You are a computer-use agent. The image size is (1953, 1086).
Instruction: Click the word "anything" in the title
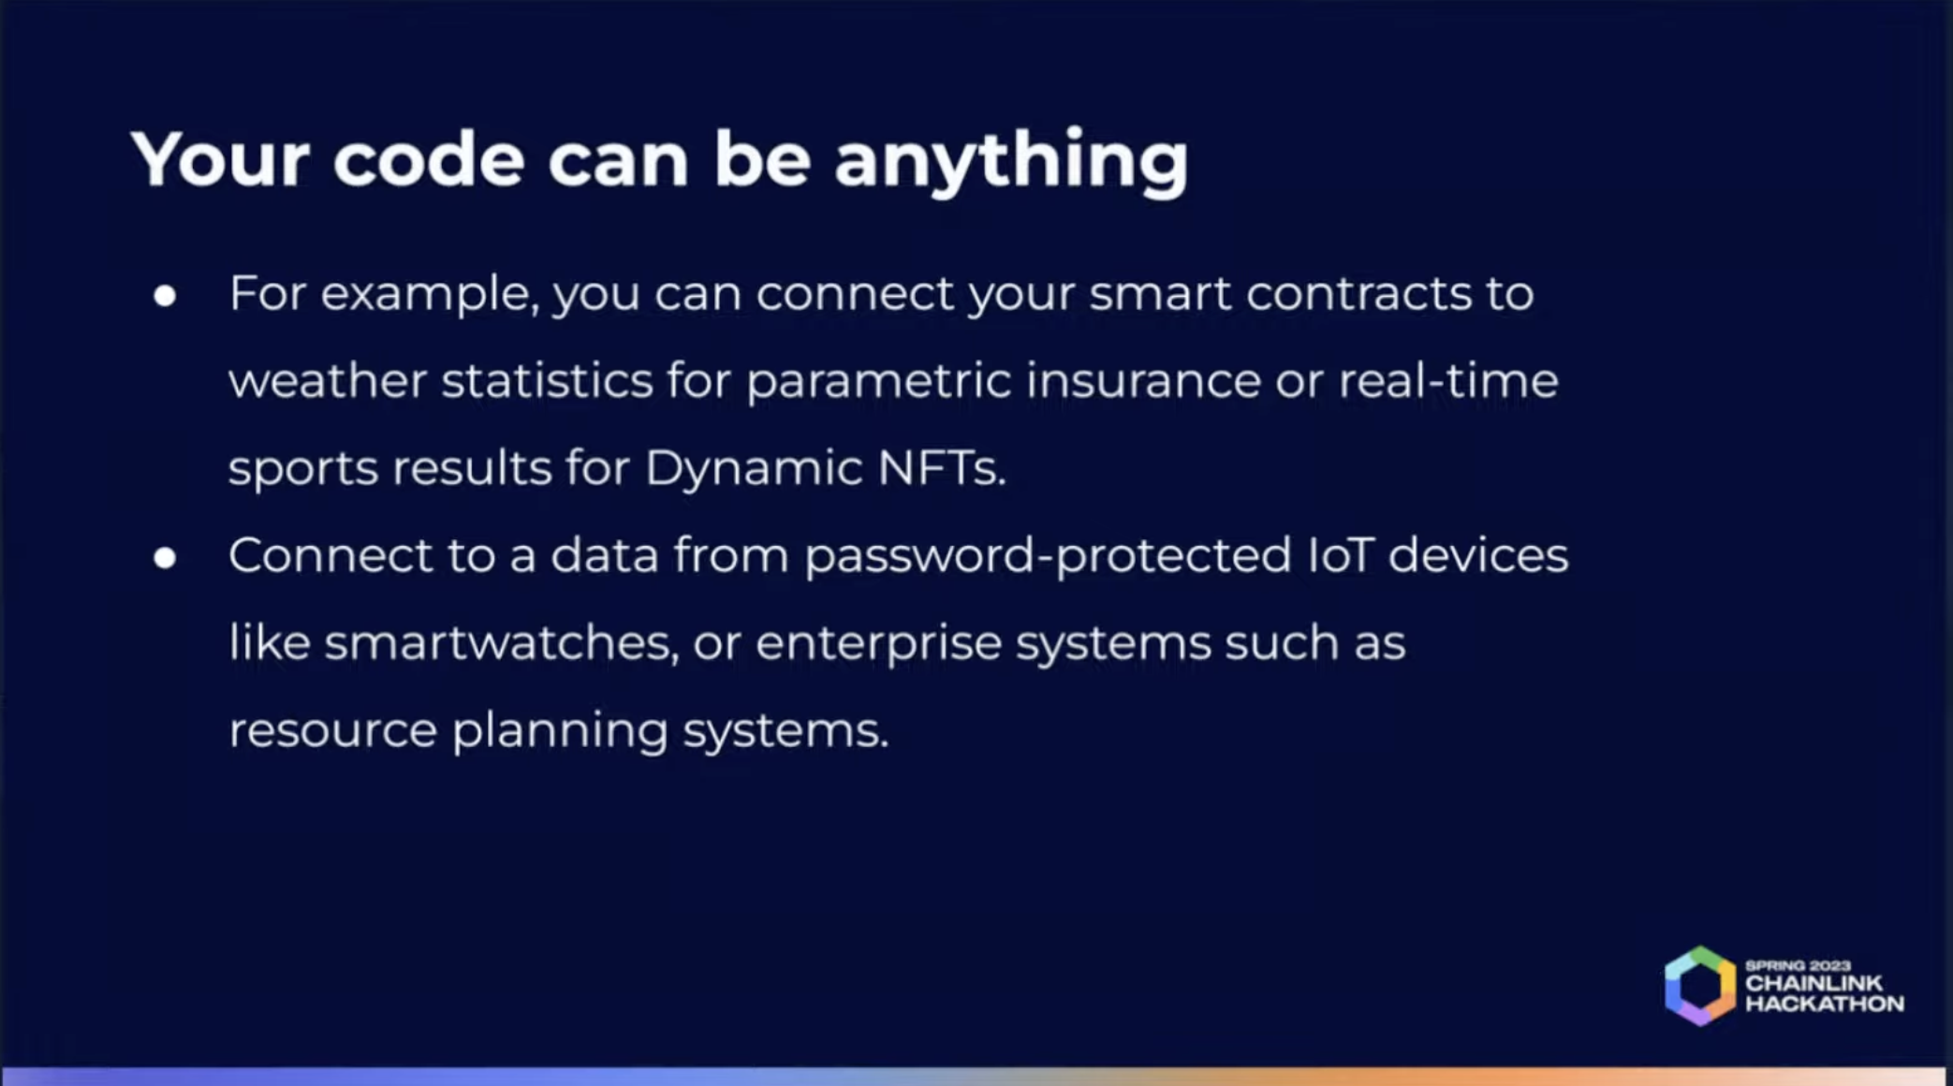click(1010, 161)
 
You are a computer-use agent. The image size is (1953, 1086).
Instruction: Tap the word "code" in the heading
click(428, 161)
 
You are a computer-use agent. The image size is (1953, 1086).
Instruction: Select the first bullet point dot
click(166, 296)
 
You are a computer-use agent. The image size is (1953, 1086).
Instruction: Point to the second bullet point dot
click(166, 558)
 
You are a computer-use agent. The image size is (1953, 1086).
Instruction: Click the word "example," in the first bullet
click(430, 294)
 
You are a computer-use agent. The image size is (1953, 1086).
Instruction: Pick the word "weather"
click(327, 381)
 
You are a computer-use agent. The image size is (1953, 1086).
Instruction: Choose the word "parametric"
click(878, 381)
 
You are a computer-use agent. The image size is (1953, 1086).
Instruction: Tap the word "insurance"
click(1143, 381)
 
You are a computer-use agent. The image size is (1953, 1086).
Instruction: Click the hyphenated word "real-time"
click(1447, 381)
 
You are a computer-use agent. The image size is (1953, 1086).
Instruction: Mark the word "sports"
click(303, 468)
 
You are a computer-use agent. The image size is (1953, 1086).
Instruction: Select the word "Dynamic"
click(753, 468)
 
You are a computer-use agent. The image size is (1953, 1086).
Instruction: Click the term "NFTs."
click(942, 468)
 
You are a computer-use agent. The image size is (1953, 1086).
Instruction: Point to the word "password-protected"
click(1048, 556)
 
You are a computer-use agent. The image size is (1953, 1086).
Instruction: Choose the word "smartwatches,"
click(501, 643)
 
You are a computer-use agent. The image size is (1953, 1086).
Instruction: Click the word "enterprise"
click(878, 644)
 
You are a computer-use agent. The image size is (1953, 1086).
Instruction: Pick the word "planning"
click(560, 731)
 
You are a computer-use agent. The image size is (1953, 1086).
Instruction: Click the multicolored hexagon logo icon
click(1699, 986)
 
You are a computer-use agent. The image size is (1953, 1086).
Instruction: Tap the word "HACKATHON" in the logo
click(1824, 1005)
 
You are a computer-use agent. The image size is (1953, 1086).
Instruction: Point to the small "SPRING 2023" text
click(1798, 965)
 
